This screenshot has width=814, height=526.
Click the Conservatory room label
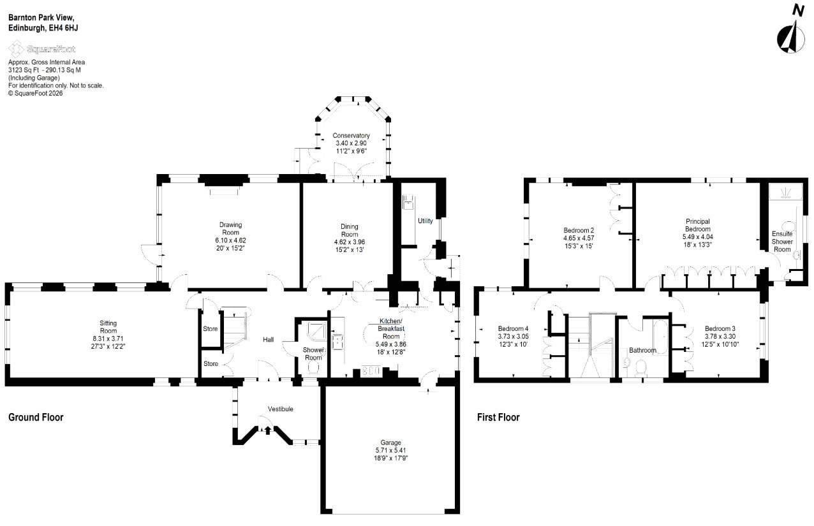[x=351, y=136]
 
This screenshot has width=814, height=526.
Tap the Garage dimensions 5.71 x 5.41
[x=390, y=450]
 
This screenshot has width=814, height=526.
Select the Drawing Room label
[x=230, y=228]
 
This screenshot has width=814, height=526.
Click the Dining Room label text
[x=349, y=230]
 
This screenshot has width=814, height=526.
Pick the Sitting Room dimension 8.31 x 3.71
[x=108, y=339]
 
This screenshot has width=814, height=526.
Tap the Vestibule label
[x=281, y=409]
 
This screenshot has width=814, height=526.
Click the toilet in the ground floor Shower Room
[x=313, y=368]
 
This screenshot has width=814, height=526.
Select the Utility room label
[x=425, y=221]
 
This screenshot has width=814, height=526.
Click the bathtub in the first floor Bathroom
[x=661, y=337]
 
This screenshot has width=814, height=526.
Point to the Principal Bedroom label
[x=698, y=225]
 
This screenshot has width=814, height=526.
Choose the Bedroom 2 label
[x=579, y=230]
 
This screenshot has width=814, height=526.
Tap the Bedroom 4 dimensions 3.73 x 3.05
[x=513, y=337]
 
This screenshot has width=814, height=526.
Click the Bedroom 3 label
[x=720, y=329]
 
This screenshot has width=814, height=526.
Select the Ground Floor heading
[x=36, y=417]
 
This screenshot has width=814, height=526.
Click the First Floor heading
[x=498, y=417]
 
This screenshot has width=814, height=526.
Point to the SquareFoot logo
[x=42, y=48]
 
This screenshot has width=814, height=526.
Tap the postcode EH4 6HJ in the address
[x=63, y=28]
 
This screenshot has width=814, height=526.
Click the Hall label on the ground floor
[x=268, y=340]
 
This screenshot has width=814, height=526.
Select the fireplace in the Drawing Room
[x=225, y=191]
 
